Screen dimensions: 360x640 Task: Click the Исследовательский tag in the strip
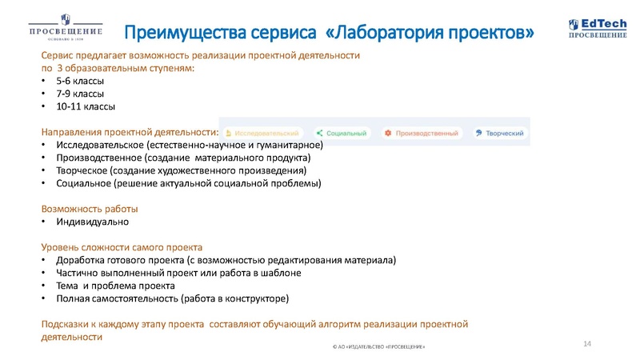[264, 133]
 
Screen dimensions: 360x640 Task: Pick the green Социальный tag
[342, 133]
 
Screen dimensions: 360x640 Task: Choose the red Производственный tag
[422, 133]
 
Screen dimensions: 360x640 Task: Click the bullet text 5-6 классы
[80, 82]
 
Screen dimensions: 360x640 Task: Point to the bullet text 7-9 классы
[80, 94]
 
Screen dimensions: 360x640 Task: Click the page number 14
[587, 343]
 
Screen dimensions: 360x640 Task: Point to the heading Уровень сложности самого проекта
[122, 247]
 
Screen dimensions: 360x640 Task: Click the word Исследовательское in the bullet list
[100, 145]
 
